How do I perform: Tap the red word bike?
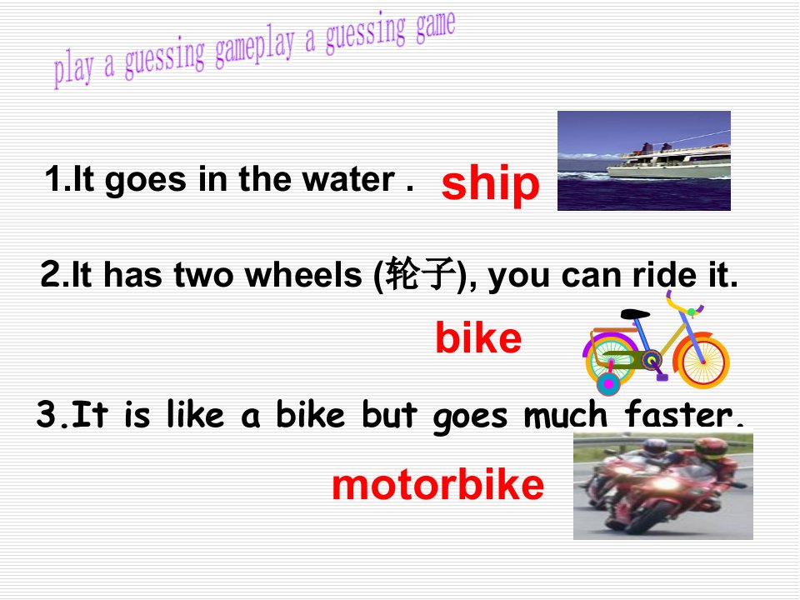tap(478, 337)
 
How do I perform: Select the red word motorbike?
tap(437, 485)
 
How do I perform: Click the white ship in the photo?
tap(668, 161)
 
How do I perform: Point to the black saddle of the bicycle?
tap(635, 314)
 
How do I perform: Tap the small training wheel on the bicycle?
tap(608, 384)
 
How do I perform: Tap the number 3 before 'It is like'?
tap(47, 413)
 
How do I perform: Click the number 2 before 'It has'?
tap(51, 274)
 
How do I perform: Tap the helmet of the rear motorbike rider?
tap(655, 447)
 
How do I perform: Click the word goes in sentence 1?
tap(146, 182)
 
